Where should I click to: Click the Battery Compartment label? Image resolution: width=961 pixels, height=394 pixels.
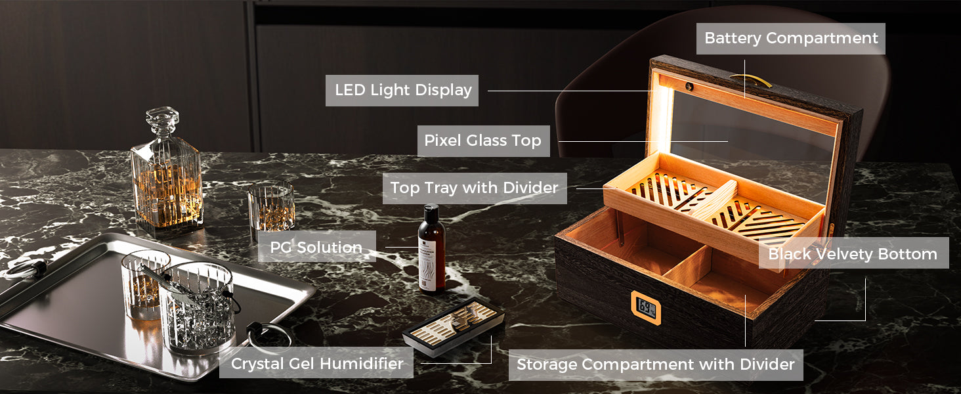(790, 39)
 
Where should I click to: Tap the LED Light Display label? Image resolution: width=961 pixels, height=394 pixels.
(402, 91)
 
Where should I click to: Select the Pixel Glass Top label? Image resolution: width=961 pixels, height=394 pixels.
(484, 141)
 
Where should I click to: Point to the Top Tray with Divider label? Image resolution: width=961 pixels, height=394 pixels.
(475, 188)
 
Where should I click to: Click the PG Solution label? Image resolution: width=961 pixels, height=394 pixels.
(316, 247)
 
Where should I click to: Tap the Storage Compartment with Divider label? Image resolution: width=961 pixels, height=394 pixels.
(656, 365)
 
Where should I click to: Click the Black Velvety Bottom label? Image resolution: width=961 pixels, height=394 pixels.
(854, 253)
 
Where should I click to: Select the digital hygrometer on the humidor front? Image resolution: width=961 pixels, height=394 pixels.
(646, 307)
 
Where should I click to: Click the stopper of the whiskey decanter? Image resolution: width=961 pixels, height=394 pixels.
(162, 119)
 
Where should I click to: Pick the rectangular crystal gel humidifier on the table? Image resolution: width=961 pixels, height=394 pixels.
(454, 326)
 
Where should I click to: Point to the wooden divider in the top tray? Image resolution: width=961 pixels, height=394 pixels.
(713, 200)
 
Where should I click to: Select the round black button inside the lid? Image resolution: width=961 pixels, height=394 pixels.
(689, 86)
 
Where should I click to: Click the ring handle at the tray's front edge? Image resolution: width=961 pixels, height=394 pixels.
(268, 337)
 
